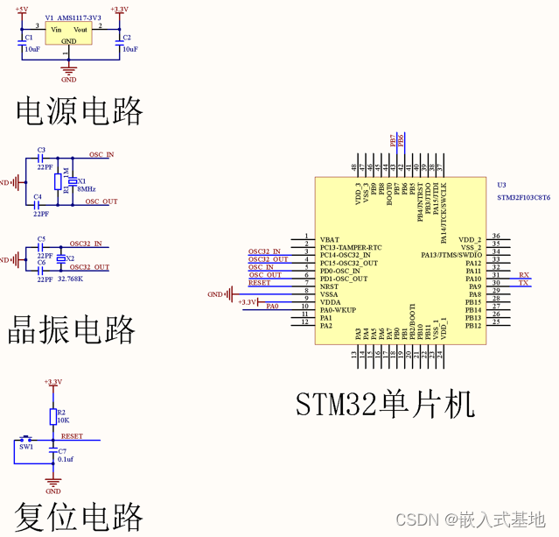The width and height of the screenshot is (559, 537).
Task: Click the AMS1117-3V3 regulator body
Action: (69, 34)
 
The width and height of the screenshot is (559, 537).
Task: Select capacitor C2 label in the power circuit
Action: (127, 39)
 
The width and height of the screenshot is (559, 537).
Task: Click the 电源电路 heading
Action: (80, 111)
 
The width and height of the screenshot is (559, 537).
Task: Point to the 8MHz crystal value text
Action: (87, 189)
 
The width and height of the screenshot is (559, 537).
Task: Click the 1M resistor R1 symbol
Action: (58, 181)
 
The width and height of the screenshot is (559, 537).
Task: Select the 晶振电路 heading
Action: (72, 330)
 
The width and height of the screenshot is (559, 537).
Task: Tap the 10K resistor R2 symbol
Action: (52, 416)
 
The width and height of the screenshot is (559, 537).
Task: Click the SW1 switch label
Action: (26, 447)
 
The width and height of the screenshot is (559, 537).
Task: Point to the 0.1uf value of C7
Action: (66, 459)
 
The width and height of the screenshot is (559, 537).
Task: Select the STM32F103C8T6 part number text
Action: (523, 198)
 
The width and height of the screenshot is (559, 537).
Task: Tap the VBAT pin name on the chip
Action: (330, 239)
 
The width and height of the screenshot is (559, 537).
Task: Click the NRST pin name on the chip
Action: (330, 286)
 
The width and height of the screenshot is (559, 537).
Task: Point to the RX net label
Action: (523, 275)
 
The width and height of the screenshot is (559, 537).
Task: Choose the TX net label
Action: (523, 284)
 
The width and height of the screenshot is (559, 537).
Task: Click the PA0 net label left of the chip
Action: (272, 307)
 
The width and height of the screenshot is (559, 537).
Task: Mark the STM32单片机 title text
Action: (385, 404)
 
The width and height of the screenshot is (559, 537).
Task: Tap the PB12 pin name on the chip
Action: (472, 326)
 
